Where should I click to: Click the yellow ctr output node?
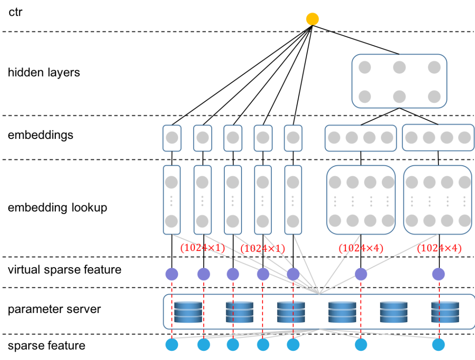[x=312, y=19]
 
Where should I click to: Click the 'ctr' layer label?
[x=15, y=12]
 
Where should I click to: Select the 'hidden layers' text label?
[x=44, y=73]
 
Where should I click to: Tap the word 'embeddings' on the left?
[x=40, y=135]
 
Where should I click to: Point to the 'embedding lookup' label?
[x=58, y=208]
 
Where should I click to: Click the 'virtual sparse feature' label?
[x=65, y=269]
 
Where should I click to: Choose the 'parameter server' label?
[x=54, y=309]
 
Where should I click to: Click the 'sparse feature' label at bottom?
[x=47, y=345]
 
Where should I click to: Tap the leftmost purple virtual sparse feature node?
[x=172, y=274]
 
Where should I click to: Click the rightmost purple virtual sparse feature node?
[x=438, y=274]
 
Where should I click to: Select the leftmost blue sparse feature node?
[x=172, y=345]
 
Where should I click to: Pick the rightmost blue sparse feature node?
[x=438, y=345]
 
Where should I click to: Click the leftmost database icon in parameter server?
[x=188, y=312]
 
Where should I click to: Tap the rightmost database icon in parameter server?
[x=445, y=312]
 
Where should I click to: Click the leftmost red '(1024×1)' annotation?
[x=203, y=248]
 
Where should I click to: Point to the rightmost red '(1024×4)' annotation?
[x=439, y=248]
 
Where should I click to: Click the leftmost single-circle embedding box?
[x=172, y=138]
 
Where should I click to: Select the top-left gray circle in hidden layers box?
[x=365, y=67]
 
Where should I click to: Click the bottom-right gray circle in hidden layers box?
[x=434, y=97]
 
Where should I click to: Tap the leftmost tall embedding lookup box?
[x=172, y=200]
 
